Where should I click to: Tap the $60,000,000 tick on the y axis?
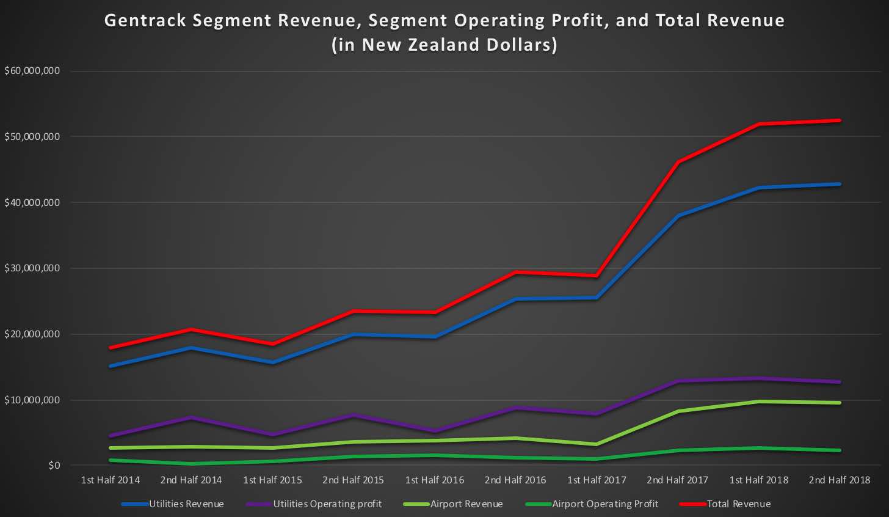pyautogui.click(x=32, y=71)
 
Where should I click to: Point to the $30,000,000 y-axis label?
pyautogui.click(x=32, y=268)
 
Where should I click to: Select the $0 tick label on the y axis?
pyautogui.click(x=54, y=466)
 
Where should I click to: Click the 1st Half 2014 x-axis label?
pyautogui.click(x=111, y=480)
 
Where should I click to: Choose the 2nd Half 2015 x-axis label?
pyautogui.click(x=353, y=480)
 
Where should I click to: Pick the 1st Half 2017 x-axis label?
pyautogui.click(x=597, y=480)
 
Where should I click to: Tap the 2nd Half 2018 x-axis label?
pyautogui.click(x=840, y=480)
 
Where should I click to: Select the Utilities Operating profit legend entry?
pyautogui.click(x=327, y=504)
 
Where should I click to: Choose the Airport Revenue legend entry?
pyautogui.click(x=466, y=504)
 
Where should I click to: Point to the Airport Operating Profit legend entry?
pyautogui.click(x=604, y=504)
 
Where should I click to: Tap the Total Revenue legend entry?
pyautogui.click(x=738, y=504)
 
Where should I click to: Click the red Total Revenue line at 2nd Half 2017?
pyautogui.click(x=678, y=162)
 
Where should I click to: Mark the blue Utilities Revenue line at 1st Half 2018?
pyautogui.click(x=759, y=188)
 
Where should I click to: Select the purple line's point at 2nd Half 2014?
pyautogui.click(x=192, y=417)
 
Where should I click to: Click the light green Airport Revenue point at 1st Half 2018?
pyautogui.click(x=759, y=402)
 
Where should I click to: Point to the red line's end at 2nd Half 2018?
pyautogui.click(x=840, y=120)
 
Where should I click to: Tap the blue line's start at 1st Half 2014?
pyautogui.click(x=111, y=366)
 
